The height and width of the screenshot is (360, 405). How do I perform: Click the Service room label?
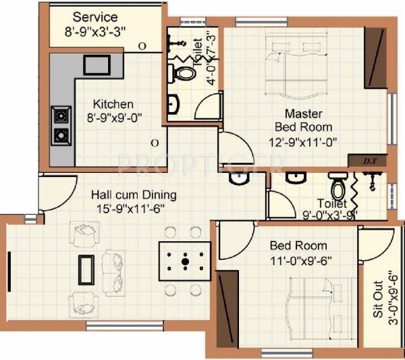tap(94, 16)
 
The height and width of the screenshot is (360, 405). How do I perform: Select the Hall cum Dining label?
tap(134, 195)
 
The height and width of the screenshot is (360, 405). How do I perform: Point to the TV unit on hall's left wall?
tap(9, 268)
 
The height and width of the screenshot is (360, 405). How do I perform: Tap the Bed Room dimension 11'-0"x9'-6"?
tap(298, 259)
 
